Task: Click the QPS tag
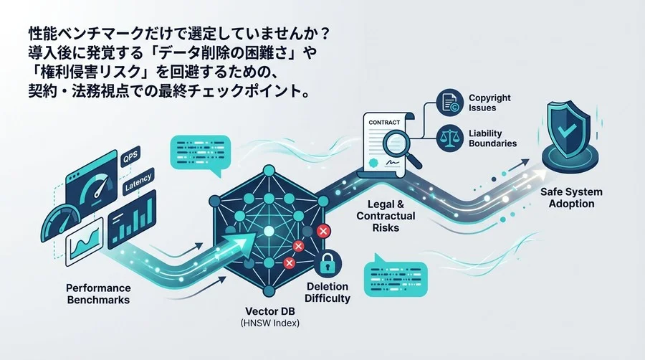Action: [x=130, y=157]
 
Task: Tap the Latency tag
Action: [x=138, y=181]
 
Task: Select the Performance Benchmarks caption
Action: [x=98, y=294]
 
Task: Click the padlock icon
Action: [x=328, y=263]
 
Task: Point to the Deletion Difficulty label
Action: [x=328, y=293]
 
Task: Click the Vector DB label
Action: [x=270, y=311]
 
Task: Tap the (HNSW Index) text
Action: [x=270, y=323]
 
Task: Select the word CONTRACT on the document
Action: [x=384, y=123]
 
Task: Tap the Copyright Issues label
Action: [x=489, y=103]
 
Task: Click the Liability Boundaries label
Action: [x=492, y=138]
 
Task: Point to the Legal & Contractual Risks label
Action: [x=386, y=216]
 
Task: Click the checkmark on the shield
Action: [x=567, y=131]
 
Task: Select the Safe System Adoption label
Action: [x=571, y=198]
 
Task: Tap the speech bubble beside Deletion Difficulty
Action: [x=396, y=275]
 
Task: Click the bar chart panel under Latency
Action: [x=133, y=219]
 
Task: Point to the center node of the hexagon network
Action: [x=269, y=231]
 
